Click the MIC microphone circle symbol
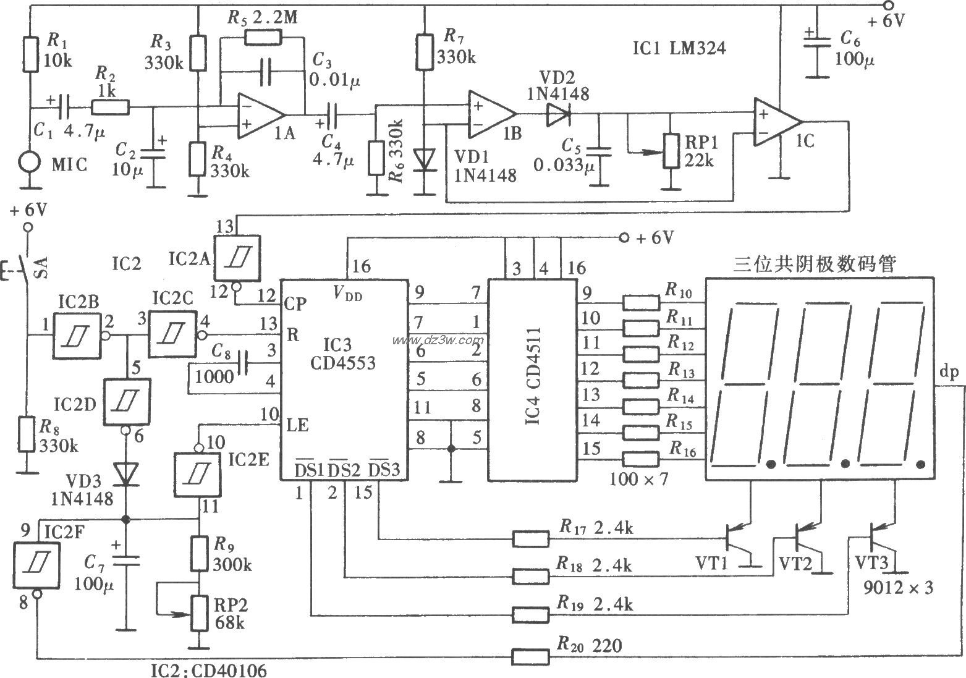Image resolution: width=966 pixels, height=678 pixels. (x=28, y=164)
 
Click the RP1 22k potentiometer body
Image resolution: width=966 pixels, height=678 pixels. (x=670, y=151)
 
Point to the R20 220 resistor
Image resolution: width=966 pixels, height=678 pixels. (x=530, y=656)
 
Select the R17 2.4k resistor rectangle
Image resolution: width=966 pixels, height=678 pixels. (x=530, y=538)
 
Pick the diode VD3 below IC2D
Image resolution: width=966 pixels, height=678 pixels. (x=126, y=474)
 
